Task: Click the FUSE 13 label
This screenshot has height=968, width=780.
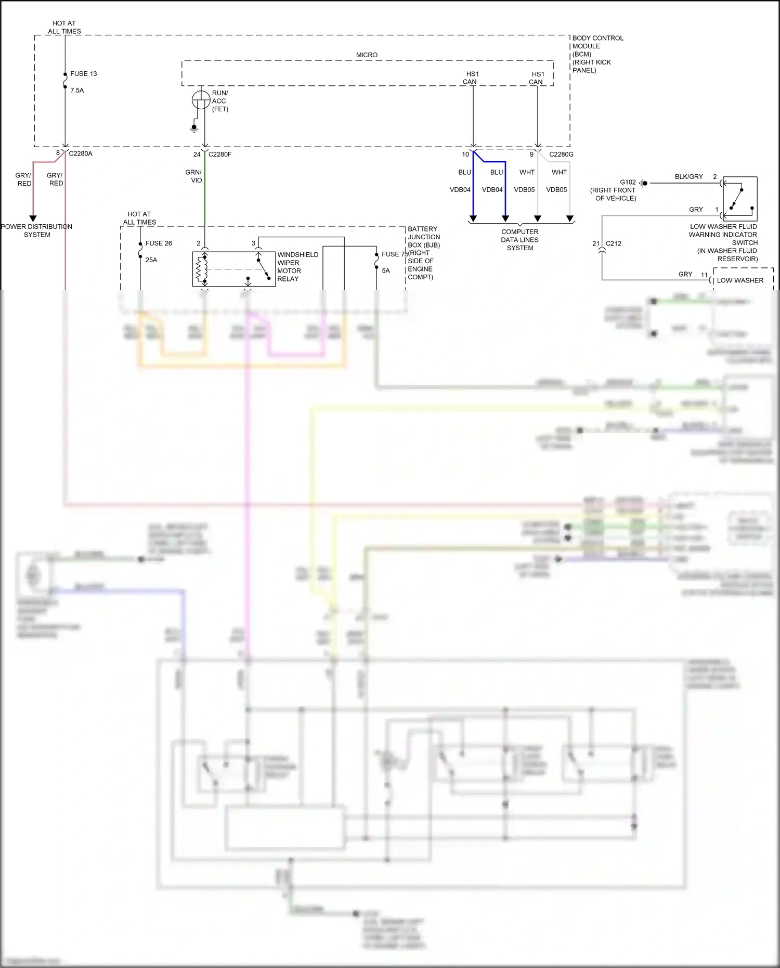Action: [x=83, y=74]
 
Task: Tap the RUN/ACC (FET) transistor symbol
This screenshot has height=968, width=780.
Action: [x=201, y=99]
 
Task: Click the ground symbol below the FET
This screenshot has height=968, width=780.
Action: [x=194, y=128]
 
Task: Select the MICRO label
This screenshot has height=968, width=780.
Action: [x=367, y=55]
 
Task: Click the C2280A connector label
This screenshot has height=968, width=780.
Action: [x=81, y=154]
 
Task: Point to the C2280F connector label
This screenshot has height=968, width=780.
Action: [x=219, y=154]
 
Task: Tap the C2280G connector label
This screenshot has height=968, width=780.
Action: [x=561, y=154]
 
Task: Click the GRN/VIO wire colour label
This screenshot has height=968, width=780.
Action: [x=193, y=176]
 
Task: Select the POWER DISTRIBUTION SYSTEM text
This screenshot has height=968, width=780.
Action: [x=36, y=231]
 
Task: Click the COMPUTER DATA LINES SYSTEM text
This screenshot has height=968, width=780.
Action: [x=520, y=240]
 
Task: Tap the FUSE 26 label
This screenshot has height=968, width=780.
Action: [x=159, y=243]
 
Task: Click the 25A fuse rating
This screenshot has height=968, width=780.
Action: [x=151, y=260]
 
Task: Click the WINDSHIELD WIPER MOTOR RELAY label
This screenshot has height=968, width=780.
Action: [x=297, y=267]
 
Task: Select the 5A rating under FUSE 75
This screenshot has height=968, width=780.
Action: [x=386, y=271]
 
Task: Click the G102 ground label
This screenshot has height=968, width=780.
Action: [x=628, y=183]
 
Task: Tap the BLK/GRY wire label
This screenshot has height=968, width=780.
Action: [x=688, y=177]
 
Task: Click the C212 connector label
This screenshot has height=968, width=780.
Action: [x=614, y=243]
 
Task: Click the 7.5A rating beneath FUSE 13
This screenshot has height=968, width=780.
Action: [x=77, y=91]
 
